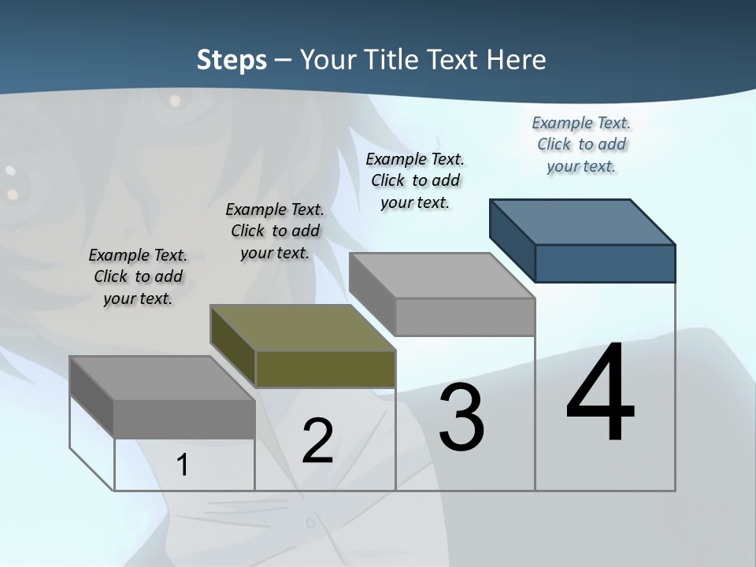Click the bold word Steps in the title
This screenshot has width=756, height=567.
tap(232, 60)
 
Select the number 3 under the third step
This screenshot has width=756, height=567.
tap(461, 417)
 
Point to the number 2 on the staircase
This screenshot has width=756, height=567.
tap(317, 441)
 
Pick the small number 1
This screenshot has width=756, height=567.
tap(183, 465)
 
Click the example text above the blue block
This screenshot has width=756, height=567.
tap(581, 144)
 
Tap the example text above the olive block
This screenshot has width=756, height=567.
tap(275, 231)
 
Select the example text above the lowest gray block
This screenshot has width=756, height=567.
tap(138, 276)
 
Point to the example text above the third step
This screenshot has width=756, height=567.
tap(415, 180)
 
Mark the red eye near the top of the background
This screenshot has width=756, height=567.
tap(172, 101)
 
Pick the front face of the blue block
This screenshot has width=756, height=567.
tap(605, 263)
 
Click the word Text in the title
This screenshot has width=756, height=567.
tap(456, 60)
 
